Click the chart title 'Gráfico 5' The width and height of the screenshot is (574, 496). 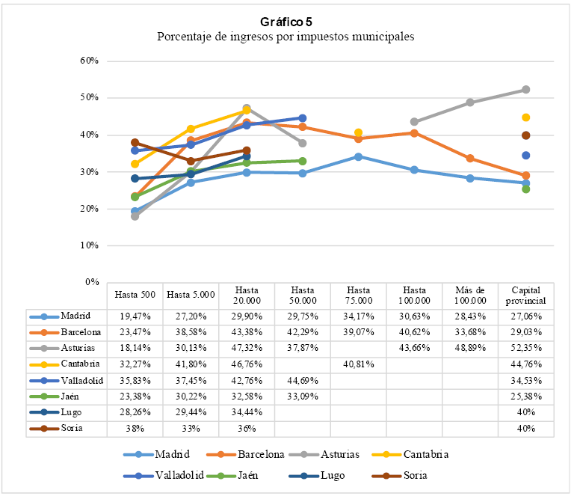(286, 22)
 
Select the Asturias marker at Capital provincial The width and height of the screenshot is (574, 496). (526, 90)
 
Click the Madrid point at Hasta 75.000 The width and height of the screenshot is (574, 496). (359, 156)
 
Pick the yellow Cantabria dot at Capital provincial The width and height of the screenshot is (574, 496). (526, 117)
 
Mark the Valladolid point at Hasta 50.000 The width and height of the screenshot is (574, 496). (303, 118)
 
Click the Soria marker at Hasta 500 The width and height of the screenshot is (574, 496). (135, 142)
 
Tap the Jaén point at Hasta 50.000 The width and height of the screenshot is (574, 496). (303, 161)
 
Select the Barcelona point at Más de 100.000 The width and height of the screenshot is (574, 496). (470, 158)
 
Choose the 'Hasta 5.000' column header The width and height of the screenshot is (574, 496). (191, 295)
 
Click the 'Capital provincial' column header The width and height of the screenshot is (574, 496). (525, 295)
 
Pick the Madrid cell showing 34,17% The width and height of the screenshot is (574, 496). (358, 316)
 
